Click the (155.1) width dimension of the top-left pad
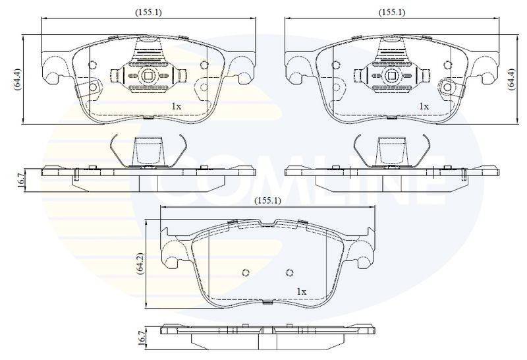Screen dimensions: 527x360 (x=148, y=13)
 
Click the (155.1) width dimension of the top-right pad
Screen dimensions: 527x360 (x=391, y=13)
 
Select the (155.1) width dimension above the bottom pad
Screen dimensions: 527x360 (x=267, y=201)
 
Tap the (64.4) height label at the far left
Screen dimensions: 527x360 (x=18, y=79)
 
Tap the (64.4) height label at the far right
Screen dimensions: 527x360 (x=511, y=78)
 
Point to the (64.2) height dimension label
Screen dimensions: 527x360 (x=141, y=264)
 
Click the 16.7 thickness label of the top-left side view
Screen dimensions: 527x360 (x=21, y=181)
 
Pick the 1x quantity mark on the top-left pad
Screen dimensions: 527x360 (x=177, y=107)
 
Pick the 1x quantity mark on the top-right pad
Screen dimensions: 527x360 (x=424, y=107)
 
